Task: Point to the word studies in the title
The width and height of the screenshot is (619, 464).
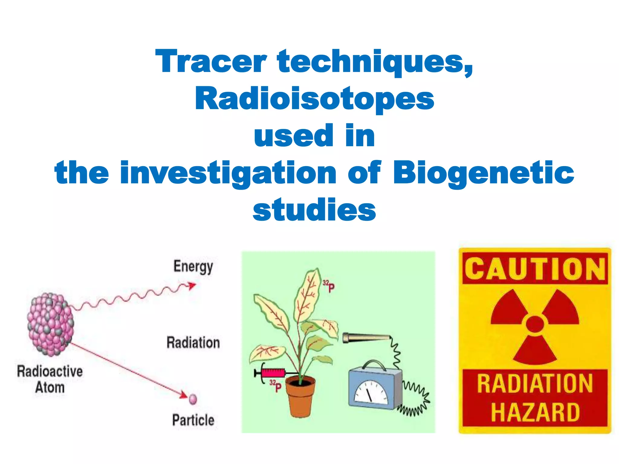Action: (x=314, y=210)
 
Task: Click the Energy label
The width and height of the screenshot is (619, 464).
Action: (x=193, y=266)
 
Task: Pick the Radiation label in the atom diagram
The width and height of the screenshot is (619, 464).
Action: (x=193, y=343)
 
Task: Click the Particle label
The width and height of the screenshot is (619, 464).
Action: (x=193, y=420)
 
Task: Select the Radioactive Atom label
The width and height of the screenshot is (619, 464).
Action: (x=50, y=379)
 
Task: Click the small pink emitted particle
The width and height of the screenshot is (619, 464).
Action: (x=193, y=399)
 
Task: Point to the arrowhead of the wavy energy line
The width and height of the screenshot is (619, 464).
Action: (x=192, y=285)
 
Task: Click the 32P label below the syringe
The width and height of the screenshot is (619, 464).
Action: (x=275, y=386)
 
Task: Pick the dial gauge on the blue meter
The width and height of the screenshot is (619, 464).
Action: (x=371, y=393)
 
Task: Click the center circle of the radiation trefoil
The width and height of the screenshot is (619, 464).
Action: (x=535, y=324)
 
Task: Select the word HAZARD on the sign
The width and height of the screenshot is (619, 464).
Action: (x=535, y=412)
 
